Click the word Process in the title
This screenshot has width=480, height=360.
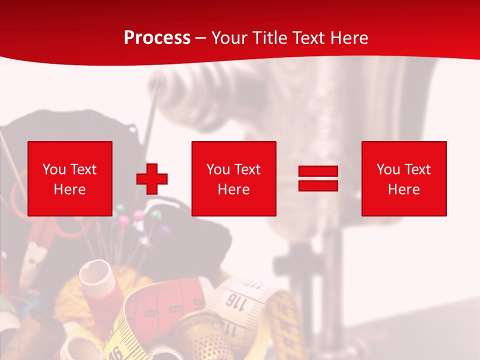point(157,38)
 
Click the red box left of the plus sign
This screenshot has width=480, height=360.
point(69,178)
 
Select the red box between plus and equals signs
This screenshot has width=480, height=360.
point(233,178)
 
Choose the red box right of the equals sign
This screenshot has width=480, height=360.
point(403,178)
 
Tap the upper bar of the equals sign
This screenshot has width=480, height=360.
point(318,171)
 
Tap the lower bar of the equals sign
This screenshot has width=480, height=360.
point(318,185)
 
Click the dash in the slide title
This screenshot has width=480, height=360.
point(200,38)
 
